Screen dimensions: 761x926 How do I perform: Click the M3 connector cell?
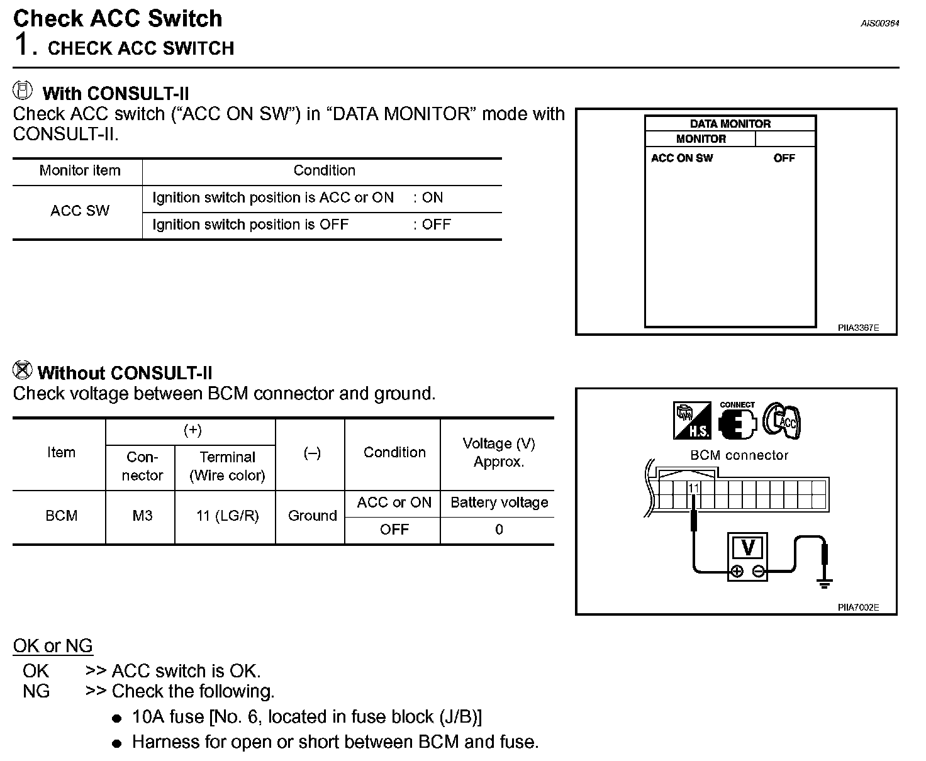[x=142, y=516]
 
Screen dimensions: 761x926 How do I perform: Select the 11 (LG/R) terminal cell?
[x=227, y=516]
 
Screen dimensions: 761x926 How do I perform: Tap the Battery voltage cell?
[x=499, y=503]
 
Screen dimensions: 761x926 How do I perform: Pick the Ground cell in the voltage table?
[x=312, y=516]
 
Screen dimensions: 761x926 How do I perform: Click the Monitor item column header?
[x=80, y=170]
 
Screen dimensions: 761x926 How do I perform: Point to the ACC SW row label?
[x=80, y=211]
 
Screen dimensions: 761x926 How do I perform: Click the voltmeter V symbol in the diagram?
[x=748, y=547]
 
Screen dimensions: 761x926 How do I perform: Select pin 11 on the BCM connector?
[x=693, y=488]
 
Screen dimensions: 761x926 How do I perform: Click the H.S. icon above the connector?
[x=691, y=421]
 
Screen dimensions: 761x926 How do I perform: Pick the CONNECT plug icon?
[x=737, y=422]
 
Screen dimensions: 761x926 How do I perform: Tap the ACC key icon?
[x=781, y=420]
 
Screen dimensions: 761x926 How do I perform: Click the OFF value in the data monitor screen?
[x=784, y=158]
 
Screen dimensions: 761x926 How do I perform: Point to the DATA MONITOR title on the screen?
[x=730, y=124]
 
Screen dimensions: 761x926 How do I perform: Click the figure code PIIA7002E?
[x=858, y=608]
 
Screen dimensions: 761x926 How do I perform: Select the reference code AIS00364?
[x=879, y=24]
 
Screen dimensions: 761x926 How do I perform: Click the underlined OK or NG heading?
[x=53, y=646]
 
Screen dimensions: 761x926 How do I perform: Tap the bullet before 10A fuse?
[x=116, y=718]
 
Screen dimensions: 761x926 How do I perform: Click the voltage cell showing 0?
[x=499, y=530]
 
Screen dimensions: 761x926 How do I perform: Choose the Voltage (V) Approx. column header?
[x=499, y=452]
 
